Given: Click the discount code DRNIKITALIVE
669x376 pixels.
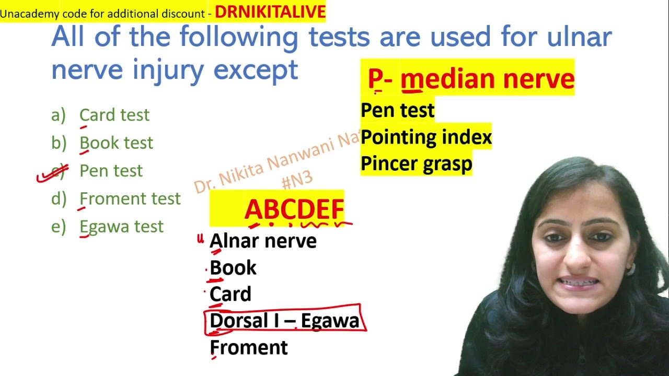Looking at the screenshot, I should [270, 12].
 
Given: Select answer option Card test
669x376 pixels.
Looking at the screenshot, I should [114, 115].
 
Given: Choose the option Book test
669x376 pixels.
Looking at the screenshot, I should [116, 143].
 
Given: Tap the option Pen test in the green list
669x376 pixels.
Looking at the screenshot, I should [111, 171].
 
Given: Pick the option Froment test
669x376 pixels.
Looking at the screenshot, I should [130, 198].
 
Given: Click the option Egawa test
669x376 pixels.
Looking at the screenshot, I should [121, 227].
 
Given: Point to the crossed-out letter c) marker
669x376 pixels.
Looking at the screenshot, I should [57, 171].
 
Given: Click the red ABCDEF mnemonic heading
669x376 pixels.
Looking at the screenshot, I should [294, 209].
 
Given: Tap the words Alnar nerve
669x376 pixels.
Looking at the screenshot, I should [263, 241].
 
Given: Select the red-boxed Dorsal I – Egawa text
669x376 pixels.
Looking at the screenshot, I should [284, 321].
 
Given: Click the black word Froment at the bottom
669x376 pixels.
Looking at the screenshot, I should [249, 348].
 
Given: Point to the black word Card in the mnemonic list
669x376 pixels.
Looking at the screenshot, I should [230, 295].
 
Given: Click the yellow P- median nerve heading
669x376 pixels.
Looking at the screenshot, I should [470, 79].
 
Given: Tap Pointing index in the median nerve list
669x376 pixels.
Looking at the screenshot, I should [426, 137].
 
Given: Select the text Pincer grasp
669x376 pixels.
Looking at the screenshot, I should [416, 164].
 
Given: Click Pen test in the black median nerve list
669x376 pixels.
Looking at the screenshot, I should [397, 110].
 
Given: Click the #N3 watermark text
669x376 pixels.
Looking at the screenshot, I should [296, 179].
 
